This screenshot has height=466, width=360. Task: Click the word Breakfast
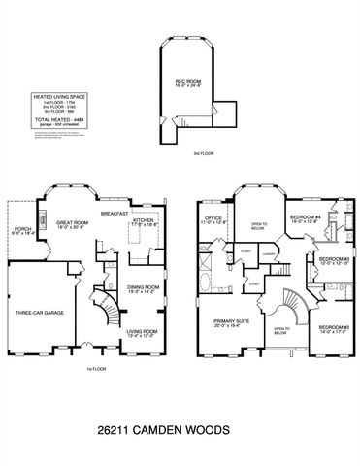116,213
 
